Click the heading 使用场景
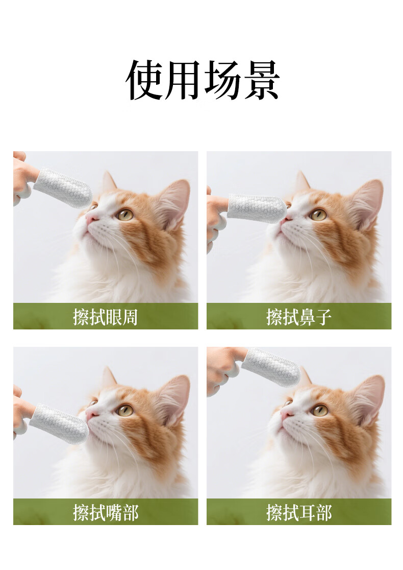[203, 80]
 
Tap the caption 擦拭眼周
[105, 317]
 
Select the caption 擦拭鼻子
[299, 317]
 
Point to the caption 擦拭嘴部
[105, 513]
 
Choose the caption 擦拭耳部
[299, 513]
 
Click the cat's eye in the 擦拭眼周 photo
[125, 215]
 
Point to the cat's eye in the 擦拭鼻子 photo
[318, 215]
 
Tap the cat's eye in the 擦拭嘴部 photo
[125, 410]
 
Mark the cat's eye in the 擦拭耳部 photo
[320, 410]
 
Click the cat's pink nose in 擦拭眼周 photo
[91, 218]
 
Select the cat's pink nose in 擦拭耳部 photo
[287, 414]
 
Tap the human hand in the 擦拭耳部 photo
[225, 367]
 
